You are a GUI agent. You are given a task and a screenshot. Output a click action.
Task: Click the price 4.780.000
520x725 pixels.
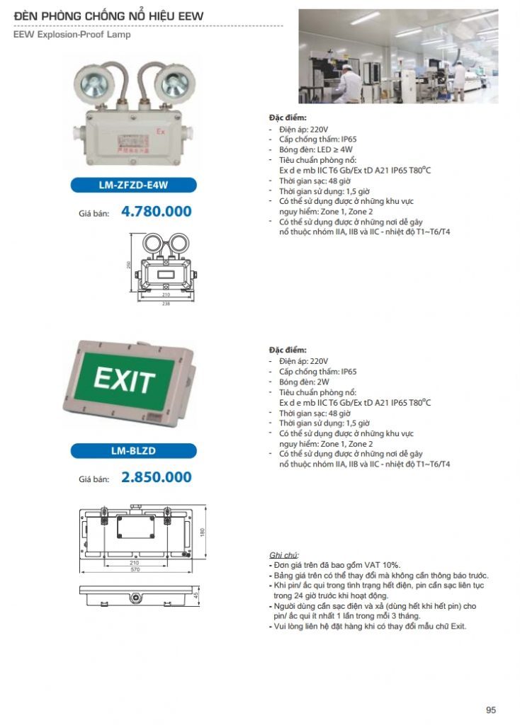coord(157,211)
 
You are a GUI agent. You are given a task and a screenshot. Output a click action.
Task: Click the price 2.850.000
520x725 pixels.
coord(157,477)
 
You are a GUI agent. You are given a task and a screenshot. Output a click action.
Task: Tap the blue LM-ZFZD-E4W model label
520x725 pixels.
coord(132,186)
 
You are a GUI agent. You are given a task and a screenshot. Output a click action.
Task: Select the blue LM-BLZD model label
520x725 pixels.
coord(132,450)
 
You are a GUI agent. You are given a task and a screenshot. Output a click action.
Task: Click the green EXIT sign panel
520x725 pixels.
coord(125,380)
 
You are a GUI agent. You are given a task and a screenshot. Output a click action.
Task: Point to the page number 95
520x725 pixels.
coord(491,709)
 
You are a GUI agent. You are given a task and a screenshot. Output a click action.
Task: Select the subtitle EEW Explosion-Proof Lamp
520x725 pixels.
coord(72,34)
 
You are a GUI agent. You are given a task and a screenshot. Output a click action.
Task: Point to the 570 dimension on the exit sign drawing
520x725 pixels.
coord(134,570)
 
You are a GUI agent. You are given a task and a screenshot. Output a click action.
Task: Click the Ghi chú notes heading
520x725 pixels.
coord(284,554)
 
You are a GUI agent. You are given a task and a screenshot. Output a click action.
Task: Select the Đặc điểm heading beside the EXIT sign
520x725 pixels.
coord(288,350)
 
